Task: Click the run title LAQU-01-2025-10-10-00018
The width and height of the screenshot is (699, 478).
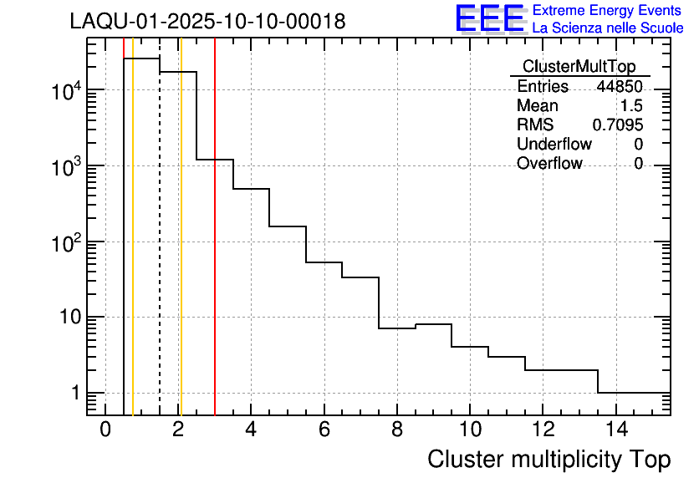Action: click(x=207, y=22)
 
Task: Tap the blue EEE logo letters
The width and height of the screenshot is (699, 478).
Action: click(x=490, y=18)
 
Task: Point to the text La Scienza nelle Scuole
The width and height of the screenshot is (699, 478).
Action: click(x=608, y=28)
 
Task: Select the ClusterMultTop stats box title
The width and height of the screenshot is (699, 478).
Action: click(x=579, y=67)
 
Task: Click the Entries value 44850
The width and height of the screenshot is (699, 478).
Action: click(x=620, y=87)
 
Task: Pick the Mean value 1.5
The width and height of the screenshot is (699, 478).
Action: click(x=631, y=106)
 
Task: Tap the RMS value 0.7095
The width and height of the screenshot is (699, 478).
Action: click(x=618, y=125)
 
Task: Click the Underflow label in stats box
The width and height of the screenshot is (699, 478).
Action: click(x=554, y=145)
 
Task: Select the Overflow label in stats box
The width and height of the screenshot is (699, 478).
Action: click(x=549, y=164)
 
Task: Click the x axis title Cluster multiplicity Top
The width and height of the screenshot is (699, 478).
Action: click(x=548, y=459)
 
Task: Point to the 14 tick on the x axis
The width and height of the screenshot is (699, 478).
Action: click(x=615, y=430)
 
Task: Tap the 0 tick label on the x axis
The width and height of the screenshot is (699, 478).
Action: click(x=105, y=430)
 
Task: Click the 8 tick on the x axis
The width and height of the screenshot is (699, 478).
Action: click(x=396, y=430)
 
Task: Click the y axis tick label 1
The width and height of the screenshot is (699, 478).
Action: click(x=74, y=393)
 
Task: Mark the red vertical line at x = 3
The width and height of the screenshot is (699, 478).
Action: click(x=215, y=251)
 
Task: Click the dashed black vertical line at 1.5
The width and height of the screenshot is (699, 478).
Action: click(x=160, y=251)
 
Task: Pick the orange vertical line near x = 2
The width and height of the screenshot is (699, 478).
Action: click(x=181, y=251)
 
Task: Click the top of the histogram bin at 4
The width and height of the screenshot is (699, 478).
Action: click(x=251, y=189)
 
